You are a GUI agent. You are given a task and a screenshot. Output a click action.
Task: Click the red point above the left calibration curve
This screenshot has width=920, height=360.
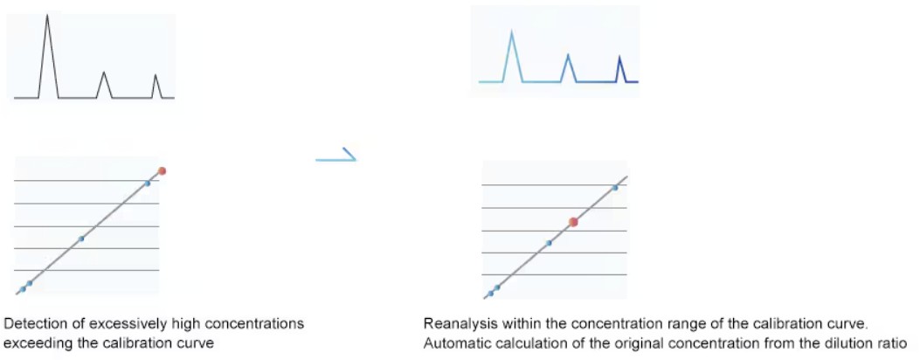162,170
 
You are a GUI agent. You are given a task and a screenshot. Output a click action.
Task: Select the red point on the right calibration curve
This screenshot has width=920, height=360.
573,222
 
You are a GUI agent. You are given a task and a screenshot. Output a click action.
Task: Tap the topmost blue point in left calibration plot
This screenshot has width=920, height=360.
148,183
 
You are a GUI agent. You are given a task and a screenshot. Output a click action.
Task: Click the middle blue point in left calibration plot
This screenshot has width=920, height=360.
81,238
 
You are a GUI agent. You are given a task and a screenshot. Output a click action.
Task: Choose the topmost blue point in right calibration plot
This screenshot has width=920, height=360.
615,188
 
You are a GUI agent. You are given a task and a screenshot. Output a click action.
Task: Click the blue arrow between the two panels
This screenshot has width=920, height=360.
335,157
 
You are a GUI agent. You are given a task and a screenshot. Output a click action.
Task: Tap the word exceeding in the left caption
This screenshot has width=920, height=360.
33,343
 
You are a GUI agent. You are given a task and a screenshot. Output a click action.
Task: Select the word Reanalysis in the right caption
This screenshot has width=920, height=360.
455,323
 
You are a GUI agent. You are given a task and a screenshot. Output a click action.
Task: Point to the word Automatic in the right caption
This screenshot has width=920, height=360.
452,343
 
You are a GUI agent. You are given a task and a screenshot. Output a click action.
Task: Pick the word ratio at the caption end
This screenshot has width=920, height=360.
896,343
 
